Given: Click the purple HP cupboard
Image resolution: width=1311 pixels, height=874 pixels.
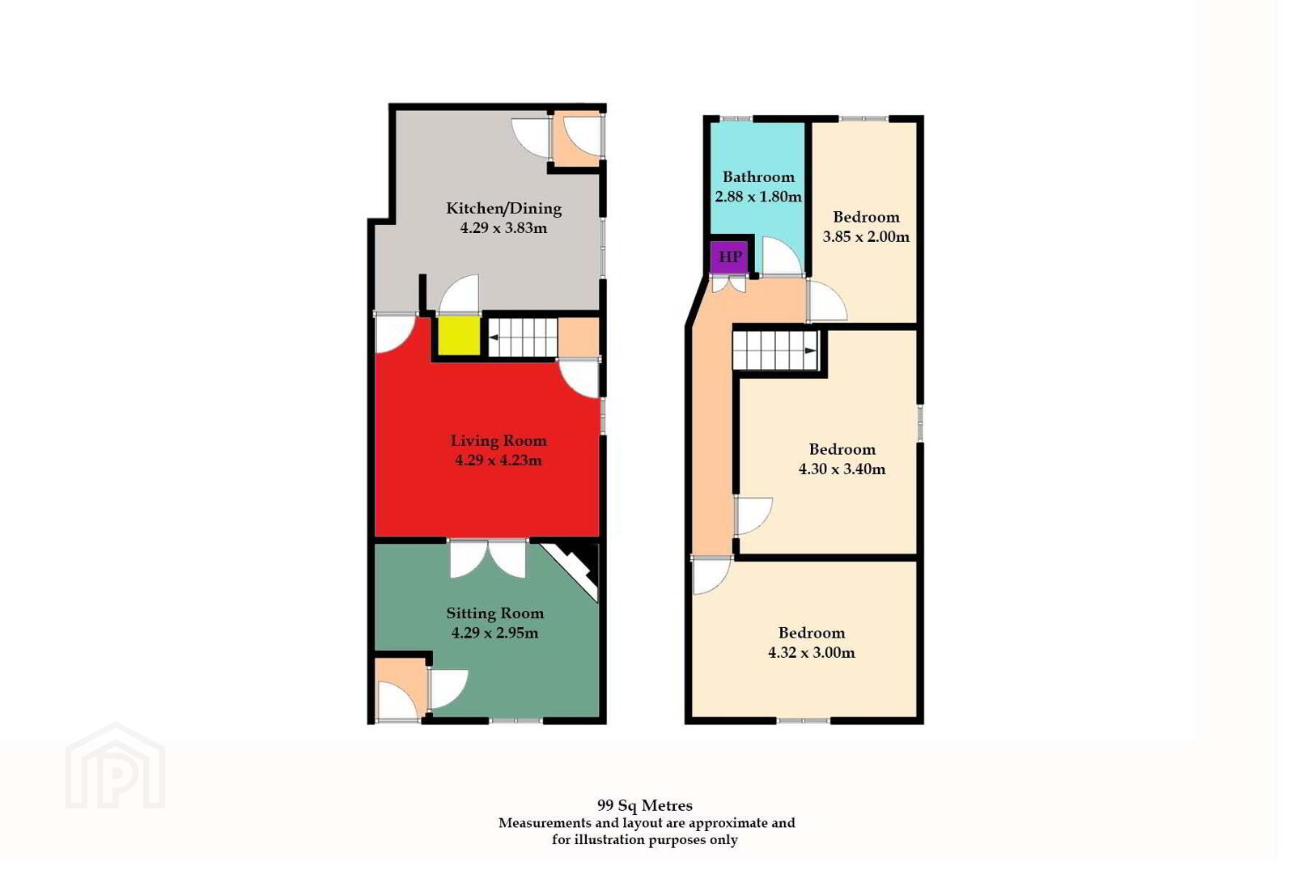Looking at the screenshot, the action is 729,257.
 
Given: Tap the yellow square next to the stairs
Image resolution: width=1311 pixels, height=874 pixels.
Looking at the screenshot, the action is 459,335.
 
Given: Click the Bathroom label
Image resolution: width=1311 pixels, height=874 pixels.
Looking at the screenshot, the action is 758,176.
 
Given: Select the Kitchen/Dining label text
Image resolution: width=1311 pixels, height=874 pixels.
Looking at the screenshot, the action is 504,209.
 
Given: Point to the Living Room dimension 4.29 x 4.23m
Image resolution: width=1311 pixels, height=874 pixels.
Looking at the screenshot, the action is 499,460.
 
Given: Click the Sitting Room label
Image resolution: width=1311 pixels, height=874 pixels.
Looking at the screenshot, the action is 495,613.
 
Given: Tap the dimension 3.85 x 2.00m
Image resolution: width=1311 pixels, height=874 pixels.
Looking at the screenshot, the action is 866,237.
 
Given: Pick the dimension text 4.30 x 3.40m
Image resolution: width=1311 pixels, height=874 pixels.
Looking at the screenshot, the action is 842,469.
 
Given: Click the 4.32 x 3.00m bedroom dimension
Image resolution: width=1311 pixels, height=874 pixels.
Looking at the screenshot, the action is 812,652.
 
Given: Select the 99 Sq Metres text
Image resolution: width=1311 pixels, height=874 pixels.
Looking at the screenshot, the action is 645,805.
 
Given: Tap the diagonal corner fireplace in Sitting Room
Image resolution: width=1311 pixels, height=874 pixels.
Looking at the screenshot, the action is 571,571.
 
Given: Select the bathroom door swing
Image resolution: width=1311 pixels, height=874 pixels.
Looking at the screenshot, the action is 782,257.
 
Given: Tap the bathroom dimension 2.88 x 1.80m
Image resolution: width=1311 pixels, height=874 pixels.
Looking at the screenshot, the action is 758,197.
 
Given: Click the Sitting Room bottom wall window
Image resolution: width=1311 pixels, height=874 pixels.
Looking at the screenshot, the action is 516,720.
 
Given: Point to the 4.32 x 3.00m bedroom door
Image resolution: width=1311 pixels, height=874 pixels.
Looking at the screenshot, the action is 712,575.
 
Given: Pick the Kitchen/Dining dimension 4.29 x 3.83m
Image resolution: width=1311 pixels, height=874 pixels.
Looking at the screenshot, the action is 504,228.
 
